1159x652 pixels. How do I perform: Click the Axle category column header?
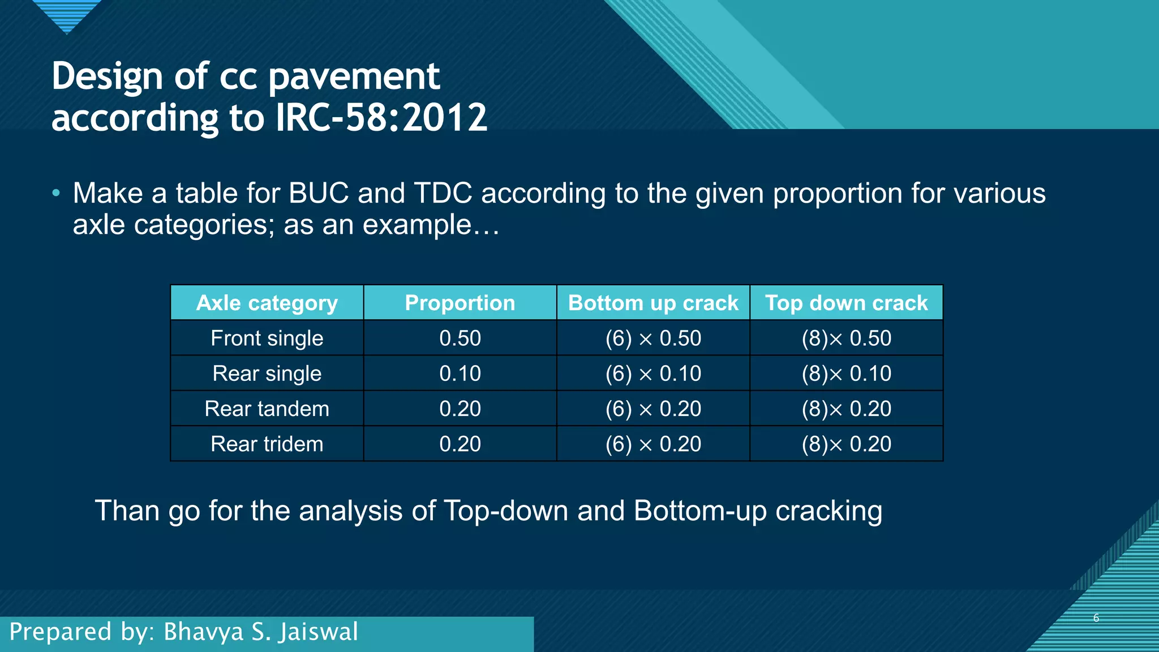(x=267, y=303)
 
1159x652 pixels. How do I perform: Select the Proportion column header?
(x=460, y=303)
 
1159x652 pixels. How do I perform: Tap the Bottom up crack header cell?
(x=653, y=303)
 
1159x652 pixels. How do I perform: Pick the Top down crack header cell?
(x=846, y=303)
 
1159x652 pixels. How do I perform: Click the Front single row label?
(x=267, y=338)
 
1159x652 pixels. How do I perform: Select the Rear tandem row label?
(x=267, y=409)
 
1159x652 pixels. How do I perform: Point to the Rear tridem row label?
(x=267, y=444)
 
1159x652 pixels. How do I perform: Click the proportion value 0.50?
(x=460, y=338)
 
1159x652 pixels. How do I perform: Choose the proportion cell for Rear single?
(x=460, y=374)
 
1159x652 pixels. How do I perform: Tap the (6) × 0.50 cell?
(x=653, y=338)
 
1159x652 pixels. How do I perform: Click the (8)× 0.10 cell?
(x=846, y=374)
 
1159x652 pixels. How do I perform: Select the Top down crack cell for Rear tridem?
(x=846, y=444)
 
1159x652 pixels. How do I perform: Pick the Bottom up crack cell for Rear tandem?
(x=653, y=409)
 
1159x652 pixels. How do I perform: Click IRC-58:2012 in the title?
(x=381, y=118)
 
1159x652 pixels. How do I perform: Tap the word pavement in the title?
(x=354, y=76)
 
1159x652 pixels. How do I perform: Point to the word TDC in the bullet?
(x=443, y=193)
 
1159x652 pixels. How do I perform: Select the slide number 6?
(x=1096, y=617)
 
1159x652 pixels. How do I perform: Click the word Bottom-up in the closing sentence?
(x=700, y=511)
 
